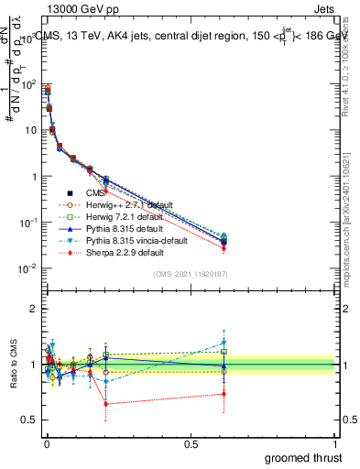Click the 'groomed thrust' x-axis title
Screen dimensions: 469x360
(x=304, y=457)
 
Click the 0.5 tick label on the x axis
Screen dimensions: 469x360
(x=191, y=444)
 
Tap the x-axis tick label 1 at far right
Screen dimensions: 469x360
(x=336, y=444)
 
